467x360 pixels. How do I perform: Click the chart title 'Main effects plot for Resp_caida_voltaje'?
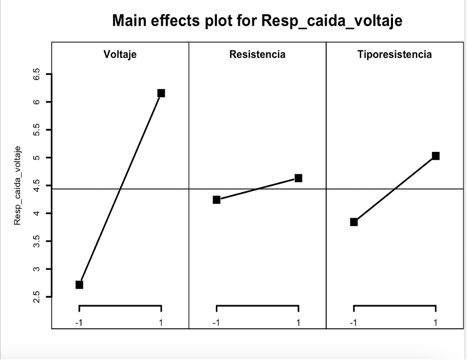[257, 21]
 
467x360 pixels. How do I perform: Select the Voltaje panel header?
[120, 54]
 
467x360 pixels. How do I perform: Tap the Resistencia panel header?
[257, 54]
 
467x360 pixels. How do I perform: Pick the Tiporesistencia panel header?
[395, 54]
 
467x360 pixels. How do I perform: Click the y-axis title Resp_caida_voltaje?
[18, 185]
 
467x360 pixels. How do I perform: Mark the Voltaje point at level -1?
[79, 285]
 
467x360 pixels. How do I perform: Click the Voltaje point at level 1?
[161, 93]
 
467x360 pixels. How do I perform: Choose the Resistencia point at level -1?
[216, 200]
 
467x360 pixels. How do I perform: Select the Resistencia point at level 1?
[298, 178]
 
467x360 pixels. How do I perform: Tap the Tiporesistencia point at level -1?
[354, 222]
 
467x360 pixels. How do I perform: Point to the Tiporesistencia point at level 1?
[436, 156]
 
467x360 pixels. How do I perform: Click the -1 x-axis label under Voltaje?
[79, 322]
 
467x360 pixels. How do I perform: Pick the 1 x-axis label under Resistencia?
[298, 322]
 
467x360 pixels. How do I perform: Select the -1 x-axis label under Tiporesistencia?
[353, 322]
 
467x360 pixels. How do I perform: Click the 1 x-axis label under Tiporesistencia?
[436, 322]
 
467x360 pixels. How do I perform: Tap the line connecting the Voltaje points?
[120, 189]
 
